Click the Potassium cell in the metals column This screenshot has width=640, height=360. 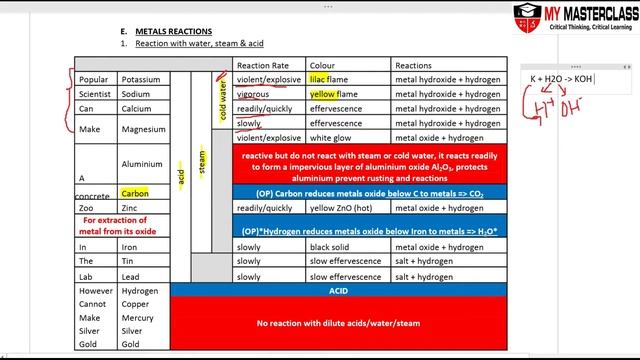[x=139, y=79]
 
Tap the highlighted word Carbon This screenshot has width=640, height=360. [x=135, y=193]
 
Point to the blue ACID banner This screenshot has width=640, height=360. [x=337, y=290]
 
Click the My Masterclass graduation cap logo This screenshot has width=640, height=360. [x=527, y=15]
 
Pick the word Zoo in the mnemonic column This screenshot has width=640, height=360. [x=87, y=208]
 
